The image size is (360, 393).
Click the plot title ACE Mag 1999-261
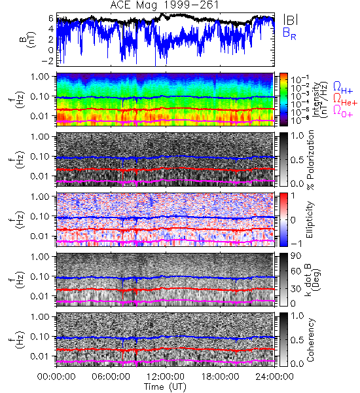[x=164, y=5]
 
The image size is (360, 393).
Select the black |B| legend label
[x=291, y=19]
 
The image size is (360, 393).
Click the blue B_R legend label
[x=289, y=33]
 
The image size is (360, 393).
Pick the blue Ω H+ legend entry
[x=343, y=87]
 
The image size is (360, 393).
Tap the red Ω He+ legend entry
[x=345, y=100]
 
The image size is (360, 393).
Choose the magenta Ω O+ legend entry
[x=343, y=111]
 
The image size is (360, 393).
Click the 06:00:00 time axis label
[x=111, y=377]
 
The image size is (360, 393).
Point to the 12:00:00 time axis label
[x=166, y=377]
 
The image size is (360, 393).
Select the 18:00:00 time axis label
[x=220, y=377]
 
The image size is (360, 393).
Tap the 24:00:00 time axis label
[x=274, y=377]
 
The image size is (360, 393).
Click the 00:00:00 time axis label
[x=56, y=377]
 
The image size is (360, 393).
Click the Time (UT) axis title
[x=165, y=386]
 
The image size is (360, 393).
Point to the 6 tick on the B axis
[x=51, y=18]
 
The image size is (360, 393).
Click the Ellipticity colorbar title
[x=310, y=219]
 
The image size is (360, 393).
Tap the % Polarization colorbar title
[x=310, y=160]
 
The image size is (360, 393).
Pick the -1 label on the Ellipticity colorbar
[x=296, y=244]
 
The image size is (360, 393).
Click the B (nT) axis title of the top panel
[x=27, y=39]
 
